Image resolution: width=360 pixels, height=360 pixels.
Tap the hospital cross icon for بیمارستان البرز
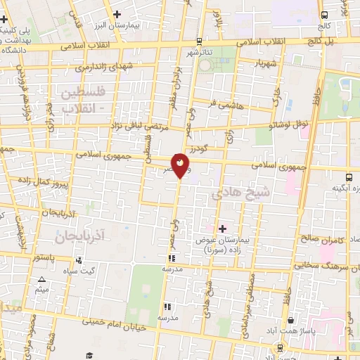point(117,14)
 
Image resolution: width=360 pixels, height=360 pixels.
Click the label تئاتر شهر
point(200,52)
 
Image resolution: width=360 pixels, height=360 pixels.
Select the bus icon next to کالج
point(323,15)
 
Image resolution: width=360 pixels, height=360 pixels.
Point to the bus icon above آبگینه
point(349,177)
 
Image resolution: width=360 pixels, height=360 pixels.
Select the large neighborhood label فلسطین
point(84,92)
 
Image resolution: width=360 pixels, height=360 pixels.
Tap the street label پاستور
point(44,258)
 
